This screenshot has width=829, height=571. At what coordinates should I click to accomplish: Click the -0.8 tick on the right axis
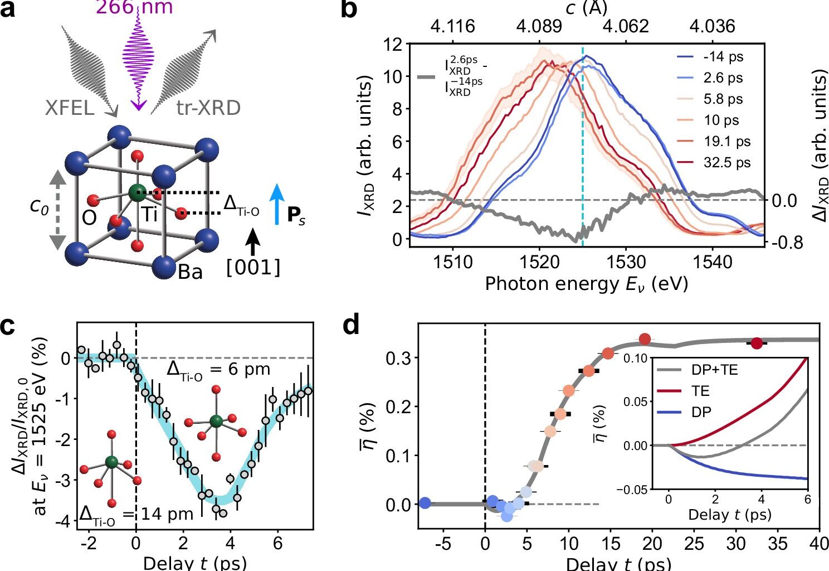tap(788, 242)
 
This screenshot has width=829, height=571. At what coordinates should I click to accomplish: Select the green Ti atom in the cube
tap(136, 193)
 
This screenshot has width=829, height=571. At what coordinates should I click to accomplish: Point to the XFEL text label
tap(70, 108)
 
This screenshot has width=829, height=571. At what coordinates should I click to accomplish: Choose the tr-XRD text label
tap(208, 108)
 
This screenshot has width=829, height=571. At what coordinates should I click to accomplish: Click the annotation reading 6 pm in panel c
tap(218, 370)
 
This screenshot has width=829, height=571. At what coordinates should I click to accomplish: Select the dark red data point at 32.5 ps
tap(756, 343)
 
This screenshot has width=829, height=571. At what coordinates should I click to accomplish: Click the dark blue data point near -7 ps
tap(425, 503)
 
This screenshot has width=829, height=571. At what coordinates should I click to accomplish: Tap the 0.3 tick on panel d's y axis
tap(398, 357)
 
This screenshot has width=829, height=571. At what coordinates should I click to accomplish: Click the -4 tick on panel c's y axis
tap(65, 521)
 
